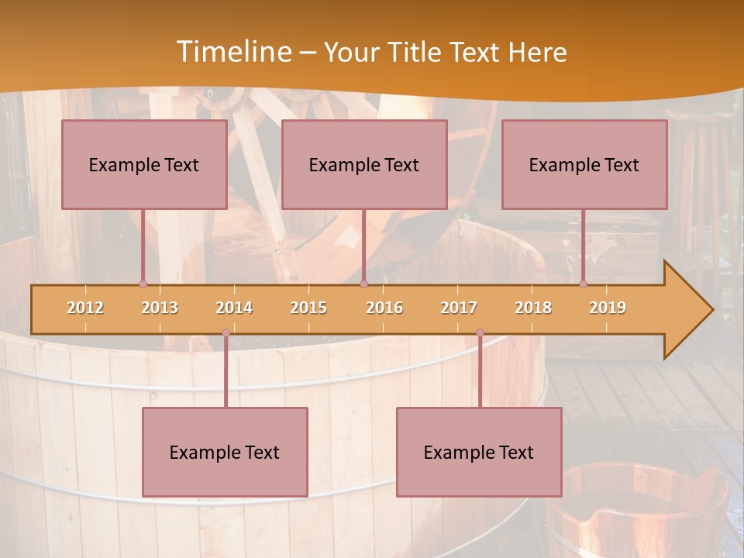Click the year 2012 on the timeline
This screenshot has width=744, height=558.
click(85, 308)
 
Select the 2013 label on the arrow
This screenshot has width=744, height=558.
click(160, 308)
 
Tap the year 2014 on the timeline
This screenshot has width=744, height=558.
click(234, 308)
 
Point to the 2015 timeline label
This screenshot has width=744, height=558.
click(308, 308)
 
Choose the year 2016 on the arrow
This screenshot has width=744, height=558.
click(384, 308)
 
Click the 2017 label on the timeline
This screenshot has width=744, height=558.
click(459, 308)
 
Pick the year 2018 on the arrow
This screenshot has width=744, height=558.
click(533, 308)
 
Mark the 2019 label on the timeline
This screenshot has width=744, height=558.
click(608, 308)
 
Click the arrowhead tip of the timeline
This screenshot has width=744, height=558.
click(711, 309)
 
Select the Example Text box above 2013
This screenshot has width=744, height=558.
click(144, 165)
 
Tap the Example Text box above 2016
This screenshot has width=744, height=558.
click(364, 165)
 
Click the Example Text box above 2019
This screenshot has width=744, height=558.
click(584, 165)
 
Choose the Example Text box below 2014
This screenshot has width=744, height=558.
click(225, 453)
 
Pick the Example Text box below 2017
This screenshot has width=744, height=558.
click(479, 453)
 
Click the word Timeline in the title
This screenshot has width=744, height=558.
click(233, 52)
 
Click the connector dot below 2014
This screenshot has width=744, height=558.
click(226, 333)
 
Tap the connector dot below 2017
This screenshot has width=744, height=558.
click(480, 333)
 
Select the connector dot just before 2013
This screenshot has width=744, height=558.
click(143, 284)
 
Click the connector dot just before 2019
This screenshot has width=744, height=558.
click(583, 284)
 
